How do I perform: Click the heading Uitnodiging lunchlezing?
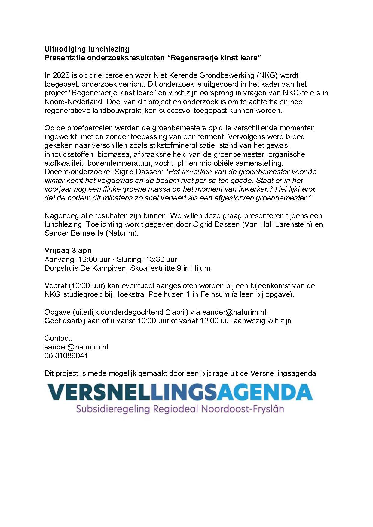tap(87, 49)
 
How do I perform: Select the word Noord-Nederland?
tap(74, 102)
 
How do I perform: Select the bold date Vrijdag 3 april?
tap(69, 251)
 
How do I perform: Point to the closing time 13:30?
tap(155, 259)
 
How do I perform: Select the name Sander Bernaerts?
tap(74, 233)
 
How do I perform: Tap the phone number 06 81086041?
tap(66, 356)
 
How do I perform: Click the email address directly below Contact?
tap(76, 347)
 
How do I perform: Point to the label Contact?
tap(58, 338)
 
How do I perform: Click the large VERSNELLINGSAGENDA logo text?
tap(180, 392)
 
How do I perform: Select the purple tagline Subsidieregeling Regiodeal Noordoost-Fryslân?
tap(180, 409)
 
